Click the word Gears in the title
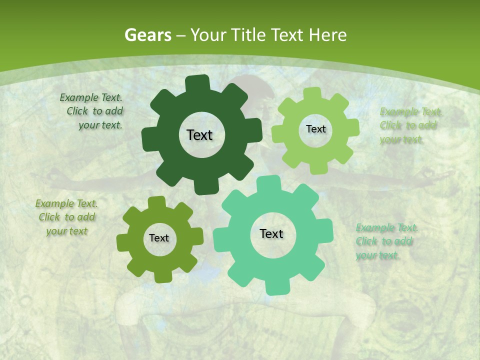tap(147, 35)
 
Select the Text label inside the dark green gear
tap(199, 135)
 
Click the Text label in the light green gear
tap(315, 129)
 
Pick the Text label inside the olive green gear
tap(159, 238)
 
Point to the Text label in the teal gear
tap(271, 233)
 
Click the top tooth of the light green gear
tap(312, 93)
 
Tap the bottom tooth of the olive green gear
tap(162, 276)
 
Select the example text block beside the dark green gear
tap(92, 111)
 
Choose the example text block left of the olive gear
tap(67, 217)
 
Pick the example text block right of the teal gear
tap(386, 241)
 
